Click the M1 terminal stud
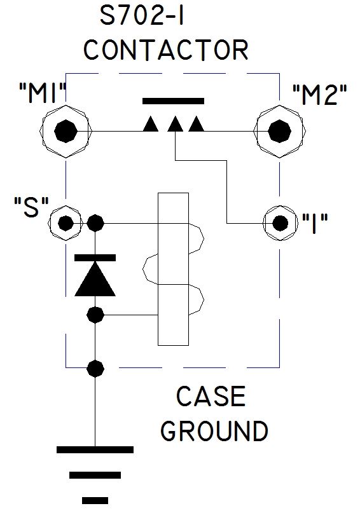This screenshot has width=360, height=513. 66,131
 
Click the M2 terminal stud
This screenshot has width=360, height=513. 279,131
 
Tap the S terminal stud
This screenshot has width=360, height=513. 66,224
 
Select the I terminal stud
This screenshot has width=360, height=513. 280,224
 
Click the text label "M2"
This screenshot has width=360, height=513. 319,95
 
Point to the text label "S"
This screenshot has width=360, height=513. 31,207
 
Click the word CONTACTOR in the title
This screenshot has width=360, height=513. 165,50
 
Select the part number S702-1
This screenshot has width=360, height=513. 141,16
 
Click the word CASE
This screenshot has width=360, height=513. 211,396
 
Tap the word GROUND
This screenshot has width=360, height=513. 214,430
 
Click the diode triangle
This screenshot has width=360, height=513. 95,278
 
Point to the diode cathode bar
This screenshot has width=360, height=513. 95,258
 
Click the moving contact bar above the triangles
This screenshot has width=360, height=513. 173,101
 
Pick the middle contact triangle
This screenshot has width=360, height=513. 175,125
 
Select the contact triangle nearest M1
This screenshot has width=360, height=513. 151,125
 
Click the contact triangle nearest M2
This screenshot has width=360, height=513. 197,125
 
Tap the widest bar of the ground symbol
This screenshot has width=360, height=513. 95,449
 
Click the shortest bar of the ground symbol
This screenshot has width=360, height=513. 95,500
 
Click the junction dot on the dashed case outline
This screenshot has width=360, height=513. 95,369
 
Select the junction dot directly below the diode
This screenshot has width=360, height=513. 95,315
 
